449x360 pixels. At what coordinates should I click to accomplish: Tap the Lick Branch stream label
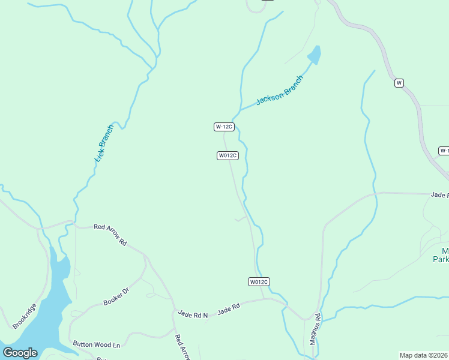(104, 143)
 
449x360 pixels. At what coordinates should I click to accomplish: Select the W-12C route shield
(224, 127)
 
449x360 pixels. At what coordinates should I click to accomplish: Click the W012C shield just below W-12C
(228, 155)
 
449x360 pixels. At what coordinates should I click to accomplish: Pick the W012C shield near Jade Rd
(259, 281)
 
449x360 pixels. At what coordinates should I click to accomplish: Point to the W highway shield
(399, 83)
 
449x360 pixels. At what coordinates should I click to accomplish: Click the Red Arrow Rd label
(110, 235)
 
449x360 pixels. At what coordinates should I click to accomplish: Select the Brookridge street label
(25, 316)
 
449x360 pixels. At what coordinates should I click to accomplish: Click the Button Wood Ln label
(97, 344)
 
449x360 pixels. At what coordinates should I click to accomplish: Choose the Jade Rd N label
(193, 314)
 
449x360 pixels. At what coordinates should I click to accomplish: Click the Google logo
(20, 353)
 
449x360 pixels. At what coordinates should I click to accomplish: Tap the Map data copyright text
(424, 355)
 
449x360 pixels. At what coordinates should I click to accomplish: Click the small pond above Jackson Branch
(315, 55)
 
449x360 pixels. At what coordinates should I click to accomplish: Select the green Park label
(441, 260)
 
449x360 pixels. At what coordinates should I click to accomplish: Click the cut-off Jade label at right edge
(439, 195)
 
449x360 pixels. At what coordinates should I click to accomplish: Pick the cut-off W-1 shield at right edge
(444, 151)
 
